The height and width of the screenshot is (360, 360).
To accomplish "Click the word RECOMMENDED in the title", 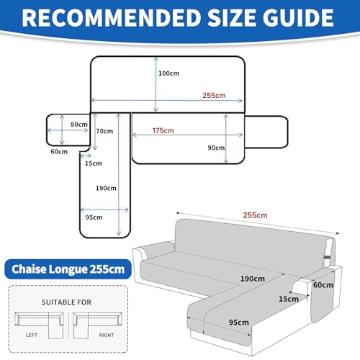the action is [112, 18].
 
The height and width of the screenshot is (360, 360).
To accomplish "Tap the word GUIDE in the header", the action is [298, 18].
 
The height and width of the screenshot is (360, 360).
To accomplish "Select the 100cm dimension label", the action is [168, 73].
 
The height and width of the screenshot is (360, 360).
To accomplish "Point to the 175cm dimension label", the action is [163, 130].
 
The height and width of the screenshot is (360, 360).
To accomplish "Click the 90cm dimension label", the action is [216, 148].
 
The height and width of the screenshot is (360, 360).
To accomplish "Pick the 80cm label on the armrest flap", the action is [79, 125].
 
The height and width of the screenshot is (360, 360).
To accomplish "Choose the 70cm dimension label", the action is [104, 131].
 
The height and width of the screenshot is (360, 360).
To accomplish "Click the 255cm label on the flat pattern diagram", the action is [214, 95].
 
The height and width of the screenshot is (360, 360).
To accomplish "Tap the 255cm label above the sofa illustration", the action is [256, 215].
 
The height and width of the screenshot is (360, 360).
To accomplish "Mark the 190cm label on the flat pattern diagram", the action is [106, 188].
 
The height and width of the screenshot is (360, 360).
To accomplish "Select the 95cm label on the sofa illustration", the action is [239, 323].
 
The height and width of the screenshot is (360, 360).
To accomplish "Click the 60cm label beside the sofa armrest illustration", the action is [323, 285].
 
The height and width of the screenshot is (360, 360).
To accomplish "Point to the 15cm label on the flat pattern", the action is [94, 163].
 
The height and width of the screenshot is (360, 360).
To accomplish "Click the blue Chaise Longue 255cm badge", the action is [68, 269].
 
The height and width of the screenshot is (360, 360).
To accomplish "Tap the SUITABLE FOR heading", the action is [66, 302].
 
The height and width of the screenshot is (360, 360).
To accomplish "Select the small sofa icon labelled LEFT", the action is [39, 325].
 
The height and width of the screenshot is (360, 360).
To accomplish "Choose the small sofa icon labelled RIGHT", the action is [97, 325].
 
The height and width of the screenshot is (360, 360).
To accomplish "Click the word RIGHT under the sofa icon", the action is [107, 335].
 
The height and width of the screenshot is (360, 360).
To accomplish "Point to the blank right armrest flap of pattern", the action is [266, 132].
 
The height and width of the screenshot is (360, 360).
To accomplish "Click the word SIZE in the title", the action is [232, 18].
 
